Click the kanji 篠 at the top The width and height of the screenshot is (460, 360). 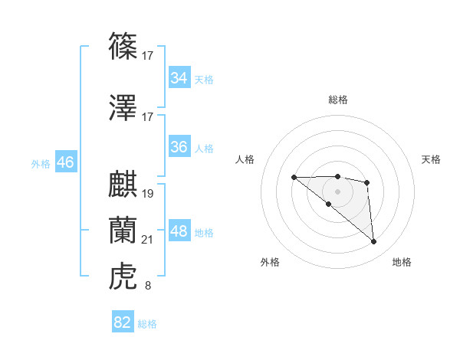point(123,47)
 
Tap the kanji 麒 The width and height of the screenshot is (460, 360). point(123,185)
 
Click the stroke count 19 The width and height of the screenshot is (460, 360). point(148,193)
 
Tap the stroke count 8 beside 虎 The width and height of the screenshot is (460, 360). point(148,286)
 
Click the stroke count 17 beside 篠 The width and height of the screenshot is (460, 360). point(148,55)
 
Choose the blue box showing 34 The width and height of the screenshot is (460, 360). point(179,78)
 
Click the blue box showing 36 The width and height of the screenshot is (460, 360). point(179,147)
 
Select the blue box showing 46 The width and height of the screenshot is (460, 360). point(65,162)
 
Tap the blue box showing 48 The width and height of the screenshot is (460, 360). point(179,231)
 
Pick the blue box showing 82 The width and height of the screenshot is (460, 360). point(122,322)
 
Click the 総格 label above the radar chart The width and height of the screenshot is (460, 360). point(338,100)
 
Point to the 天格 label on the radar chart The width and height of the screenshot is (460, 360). point(432,159)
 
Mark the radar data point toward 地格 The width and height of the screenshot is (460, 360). point(374,242)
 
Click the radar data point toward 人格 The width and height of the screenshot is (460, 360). point(294,178)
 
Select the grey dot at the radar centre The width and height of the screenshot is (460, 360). point(338,191)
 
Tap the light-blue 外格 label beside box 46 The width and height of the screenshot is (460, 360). point(41,163)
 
